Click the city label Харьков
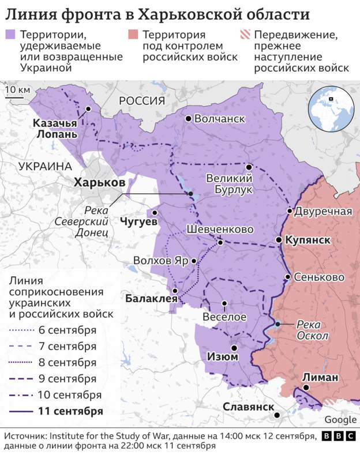[99, 182]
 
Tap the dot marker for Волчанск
[188, 119]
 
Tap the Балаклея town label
[148, 298]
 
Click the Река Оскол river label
[313, 330]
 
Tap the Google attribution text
[340, 420]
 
